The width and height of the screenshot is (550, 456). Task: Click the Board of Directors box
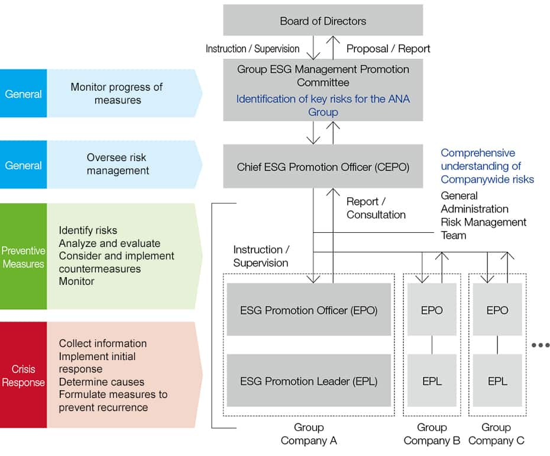pos(323,21)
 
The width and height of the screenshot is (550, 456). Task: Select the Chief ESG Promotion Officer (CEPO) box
pos(323,167)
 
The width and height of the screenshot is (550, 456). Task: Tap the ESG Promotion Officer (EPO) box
pos(309,310)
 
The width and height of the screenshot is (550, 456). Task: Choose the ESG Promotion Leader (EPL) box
pos(309,381)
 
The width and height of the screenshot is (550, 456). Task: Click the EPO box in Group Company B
pos(432,310)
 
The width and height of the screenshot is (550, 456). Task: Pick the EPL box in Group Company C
pos(497,381)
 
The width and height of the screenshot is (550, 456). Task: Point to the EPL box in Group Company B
pos(432,381)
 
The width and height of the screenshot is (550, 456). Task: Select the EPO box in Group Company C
pos(497,310)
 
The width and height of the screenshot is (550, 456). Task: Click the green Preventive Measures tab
pos(24,256)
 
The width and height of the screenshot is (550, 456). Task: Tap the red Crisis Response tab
pos(24,375)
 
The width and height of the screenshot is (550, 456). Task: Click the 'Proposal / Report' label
pos(389,49)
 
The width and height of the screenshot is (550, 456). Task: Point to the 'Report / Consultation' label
pos(376,208)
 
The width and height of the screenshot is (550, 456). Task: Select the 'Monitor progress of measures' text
pos(117,94)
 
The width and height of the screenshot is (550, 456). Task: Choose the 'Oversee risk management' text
pos(117,164)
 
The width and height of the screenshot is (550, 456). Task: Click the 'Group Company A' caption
pos(309,434)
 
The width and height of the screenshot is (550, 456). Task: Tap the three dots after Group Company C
pos(541,345)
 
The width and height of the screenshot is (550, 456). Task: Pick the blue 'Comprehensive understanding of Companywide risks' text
pos(487,166)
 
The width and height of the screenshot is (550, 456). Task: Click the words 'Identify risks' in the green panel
pos(88,230)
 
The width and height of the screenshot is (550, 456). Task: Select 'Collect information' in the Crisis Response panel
pos(102,343)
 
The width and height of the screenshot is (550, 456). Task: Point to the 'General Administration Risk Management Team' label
pos(483,216)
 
